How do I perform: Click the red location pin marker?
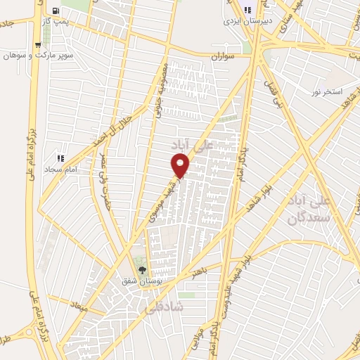click(181, 165)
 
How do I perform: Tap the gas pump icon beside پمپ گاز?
click(56, 11)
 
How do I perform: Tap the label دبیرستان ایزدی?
click(247, 22)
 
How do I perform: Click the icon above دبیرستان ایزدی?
click(247, 10)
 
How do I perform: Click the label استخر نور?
click(328, 92)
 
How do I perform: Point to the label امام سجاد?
click(59, 169)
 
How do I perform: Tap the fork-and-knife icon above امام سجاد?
click(60, 157)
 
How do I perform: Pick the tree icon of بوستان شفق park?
click(142, 269)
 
